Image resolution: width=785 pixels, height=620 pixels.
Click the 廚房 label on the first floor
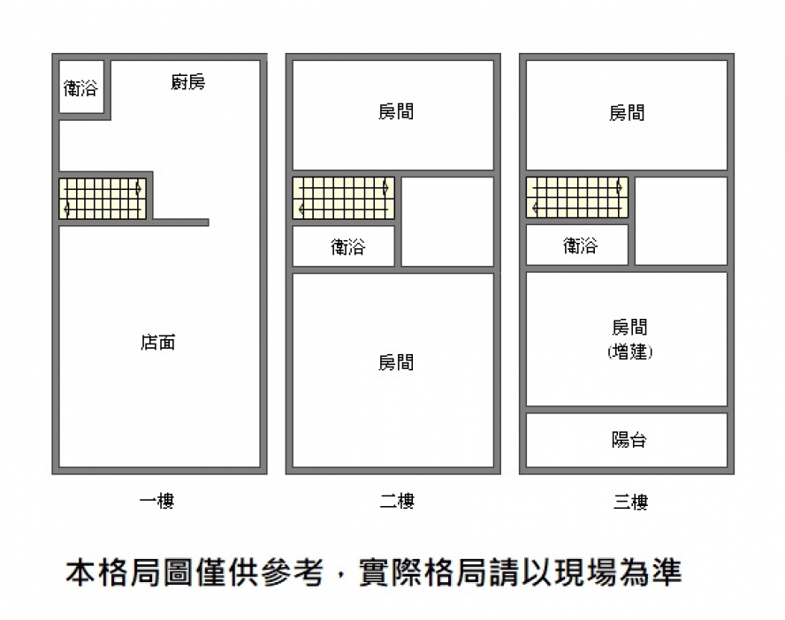(187, 83)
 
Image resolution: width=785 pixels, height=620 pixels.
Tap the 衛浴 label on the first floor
(80, 88)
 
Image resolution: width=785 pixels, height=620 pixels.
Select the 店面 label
(157, 343)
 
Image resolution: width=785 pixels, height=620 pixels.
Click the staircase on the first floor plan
(102, 199)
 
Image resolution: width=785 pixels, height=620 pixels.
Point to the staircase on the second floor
(342, 199)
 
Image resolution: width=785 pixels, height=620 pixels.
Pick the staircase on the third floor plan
(576, 198)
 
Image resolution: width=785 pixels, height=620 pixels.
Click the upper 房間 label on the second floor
(395, 112)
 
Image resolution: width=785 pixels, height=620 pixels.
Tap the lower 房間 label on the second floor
(395, 363)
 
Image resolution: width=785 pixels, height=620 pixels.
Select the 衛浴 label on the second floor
(347, 247)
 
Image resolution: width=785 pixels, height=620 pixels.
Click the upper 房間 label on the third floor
(627, 113)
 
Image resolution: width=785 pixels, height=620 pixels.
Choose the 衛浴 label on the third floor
(580, 246)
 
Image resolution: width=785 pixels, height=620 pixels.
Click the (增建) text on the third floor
(629, 352)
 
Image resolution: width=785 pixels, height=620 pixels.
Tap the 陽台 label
(629, 439)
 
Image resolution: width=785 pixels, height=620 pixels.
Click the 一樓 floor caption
(157, 502)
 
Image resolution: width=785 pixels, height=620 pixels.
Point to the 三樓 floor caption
(630, 502)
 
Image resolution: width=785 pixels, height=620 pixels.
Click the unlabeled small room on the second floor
(447, 221)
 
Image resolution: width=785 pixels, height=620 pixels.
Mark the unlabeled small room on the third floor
(681, 220)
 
